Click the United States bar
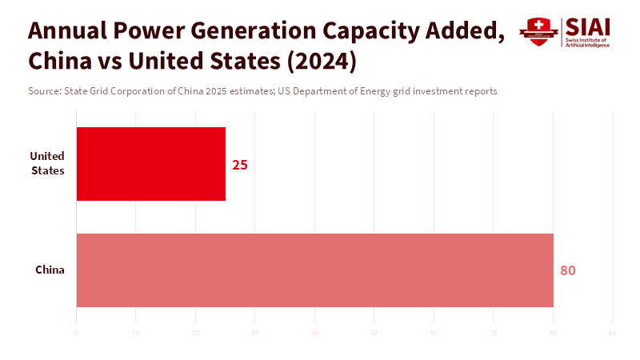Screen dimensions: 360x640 pos(150,164)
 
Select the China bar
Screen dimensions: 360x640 pos(314,270)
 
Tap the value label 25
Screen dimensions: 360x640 pos(240,165)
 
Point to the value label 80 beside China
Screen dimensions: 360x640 pos(568,270)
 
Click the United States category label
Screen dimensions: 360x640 pos(47,163)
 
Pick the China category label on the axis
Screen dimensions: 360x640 pos(50,270)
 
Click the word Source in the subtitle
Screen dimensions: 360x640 pos(43,91)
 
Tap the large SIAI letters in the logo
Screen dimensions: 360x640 pos(587,26)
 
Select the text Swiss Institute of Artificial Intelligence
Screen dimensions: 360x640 pos(587,42)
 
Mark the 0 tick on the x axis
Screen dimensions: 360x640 pos(76,332)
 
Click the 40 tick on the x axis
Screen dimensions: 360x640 pos(314,332)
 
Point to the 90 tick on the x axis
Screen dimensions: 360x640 pos(613,332)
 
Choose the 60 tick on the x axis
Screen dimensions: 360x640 pos(434,332)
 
